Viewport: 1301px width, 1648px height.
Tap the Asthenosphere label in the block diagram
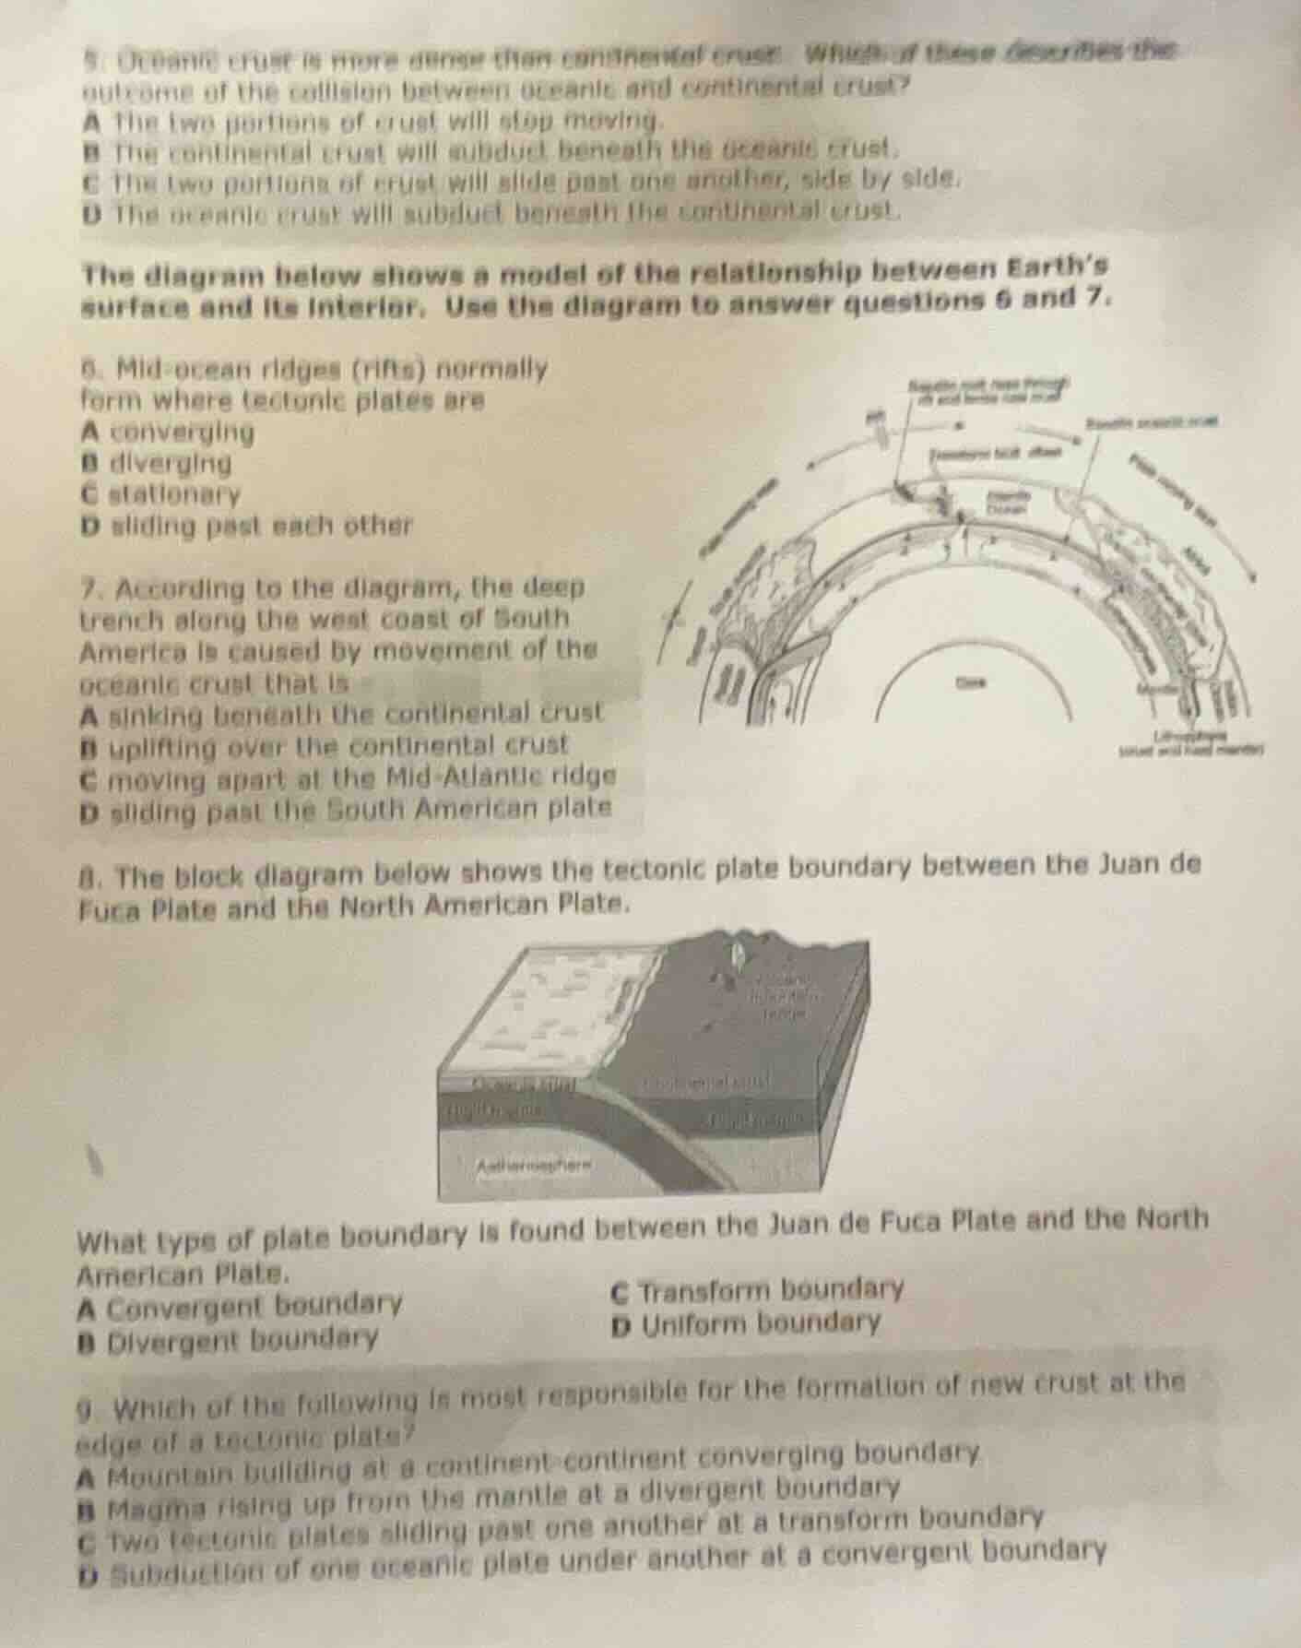(x=536, y=1165)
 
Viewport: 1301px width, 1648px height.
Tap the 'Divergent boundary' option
(x=240, y=1337)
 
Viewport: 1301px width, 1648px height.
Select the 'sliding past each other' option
(x=257, y=526)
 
